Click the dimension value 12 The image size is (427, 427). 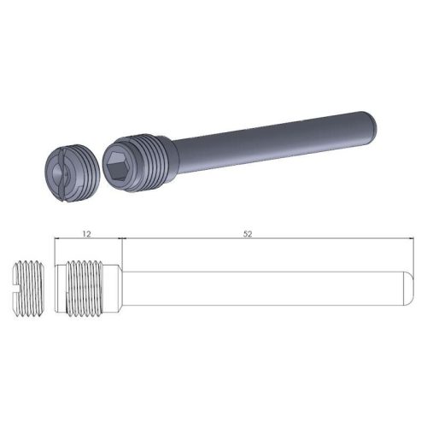pos(88,232)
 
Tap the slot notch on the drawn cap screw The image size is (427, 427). pos(17,280)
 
